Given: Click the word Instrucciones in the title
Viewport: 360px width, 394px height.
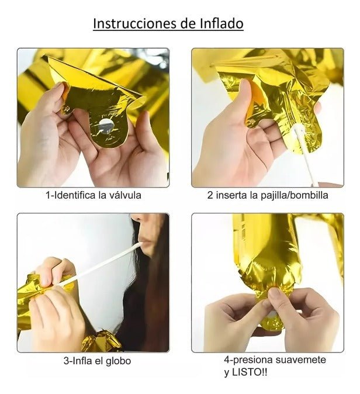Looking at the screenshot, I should pyautogui.click(x=128, y=23).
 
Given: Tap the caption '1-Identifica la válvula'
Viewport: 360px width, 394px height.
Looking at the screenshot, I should pyautogui.click(x=94, y=195).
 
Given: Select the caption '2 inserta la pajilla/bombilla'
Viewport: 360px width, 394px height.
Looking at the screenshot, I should pyautogui.click(x=267, y=195).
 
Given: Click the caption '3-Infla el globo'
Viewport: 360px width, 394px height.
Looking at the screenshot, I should pyautogui.click(x=97, y=361).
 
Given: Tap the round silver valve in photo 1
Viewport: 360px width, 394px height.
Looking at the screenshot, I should pyautogui.click(x=106, y=125).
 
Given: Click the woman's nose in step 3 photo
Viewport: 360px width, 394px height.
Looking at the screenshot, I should pyautogui.click(x=136, y=221).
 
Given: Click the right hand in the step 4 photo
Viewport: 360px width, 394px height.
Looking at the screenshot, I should pyautogui.click(x=310, y=319).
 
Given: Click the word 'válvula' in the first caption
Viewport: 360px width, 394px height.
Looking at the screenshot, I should pyautogui.click(x=124, y=195).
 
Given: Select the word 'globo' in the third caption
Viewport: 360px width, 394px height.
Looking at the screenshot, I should pyautogui.click(x=119, y=361).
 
